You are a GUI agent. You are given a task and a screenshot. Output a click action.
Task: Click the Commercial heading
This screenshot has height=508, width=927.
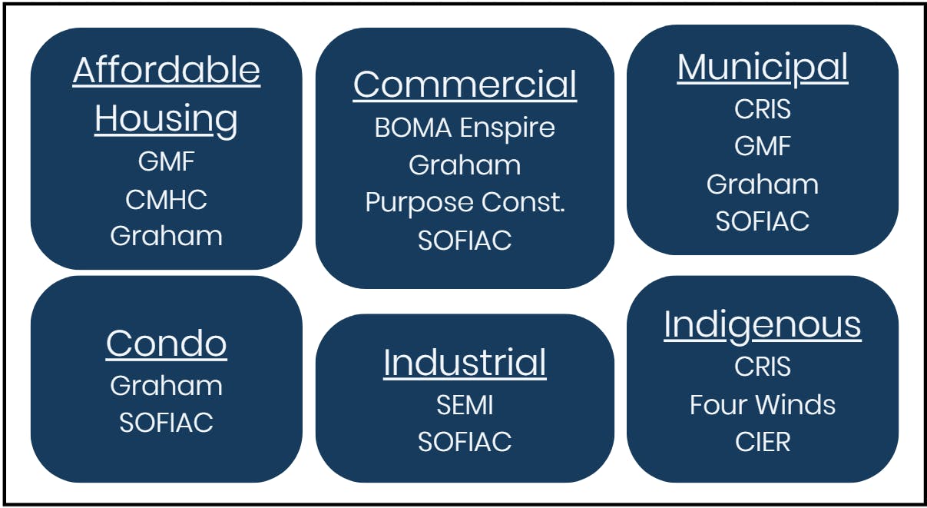point(465,85)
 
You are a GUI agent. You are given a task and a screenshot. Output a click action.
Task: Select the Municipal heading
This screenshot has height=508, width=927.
point(763,68)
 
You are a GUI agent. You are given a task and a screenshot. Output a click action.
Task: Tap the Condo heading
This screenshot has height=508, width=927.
point(167,344)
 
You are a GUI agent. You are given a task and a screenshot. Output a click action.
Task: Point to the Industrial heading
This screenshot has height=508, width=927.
point(465,363)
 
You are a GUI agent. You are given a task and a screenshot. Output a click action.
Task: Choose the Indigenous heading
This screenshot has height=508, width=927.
point(763,324)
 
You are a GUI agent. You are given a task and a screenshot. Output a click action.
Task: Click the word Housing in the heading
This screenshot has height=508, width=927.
point(167,119)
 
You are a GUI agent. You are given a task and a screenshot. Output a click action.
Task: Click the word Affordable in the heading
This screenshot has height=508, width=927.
point(167,71)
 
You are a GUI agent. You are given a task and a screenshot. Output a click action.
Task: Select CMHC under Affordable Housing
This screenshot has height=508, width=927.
point(167,200)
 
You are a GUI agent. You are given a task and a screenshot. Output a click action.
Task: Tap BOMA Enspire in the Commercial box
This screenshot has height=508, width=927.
point(465,128)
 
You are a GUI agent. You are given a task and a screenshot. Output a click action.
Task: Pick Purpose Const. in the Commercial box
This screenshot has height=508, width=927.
point(465,203)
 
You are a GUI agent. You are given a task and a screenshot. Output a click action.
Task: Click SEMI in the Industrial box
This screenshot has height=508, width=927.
point(465,405)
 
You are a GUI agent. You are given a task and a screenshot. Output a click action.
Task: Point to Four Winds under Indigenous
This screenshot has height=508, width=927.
point(763,405)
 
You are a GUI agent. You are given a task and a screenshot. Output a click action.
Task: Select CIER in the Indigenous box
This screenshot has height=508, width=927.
point(763,443)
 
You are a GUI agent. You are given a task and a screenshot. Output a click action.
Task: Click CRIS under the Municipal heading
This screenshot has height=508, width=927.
point(763,109)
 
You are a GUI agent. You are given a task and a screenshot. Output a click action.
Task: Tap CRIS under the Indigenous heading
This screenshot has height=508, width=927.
point(763,367)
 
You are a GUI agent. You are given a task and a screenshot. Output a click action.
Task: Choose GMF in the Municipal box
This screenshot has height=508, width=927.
point(763,146)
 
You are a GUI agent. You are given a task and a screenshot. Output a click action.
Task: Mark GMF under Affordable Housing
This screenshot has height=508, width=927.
point(167,162)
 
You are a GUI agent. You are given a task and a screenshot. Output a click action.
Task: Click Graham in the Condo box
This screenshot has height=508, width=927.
point(167,385)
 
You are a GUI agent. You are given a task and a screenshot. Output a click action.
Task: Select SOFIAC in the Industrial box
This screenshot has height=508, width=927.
point(465,442)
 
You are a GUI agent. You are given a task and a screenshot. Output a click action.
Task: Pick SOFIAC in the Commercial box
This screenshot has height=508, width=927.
point(465,241)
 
